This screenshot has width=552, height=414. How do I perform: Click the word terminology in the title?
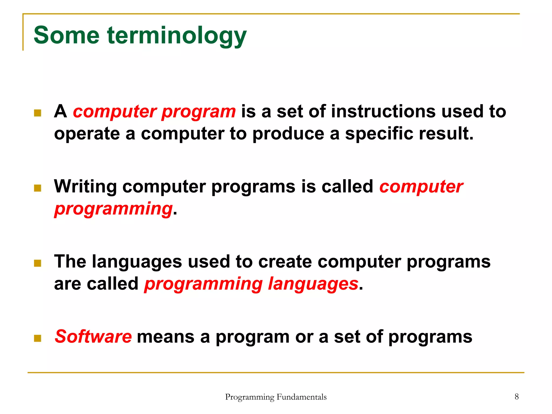[x=177, y=36]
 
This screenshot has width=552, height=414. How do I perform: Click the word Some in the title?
[x=66, y=36]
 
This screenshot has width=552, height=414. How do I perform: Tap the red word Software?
[x=93, y=337]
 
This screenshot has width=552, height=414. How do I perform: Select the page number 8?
[x=516, y=396]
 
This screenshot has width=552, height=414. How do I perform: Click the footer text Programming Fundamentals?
[x=276, y=397]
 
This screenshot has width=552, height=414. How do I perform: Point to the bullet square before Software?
[x=38, y=338]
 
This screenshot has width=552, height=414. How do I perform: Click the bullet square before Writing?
[x=38, y=188]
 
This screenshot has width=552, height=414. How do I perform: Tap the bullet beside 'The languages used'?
[x=38, y=263]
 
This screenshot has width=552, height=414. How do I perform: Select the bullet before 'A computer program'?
[x=38, y=113]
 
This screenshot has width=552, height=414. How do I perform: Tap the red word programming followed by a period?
[x=113, y=209]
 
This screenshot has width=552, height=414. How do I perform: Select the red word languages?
[x=313, y=284]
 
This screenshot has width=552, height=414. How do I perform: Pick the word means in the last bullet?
[x=165, y=337]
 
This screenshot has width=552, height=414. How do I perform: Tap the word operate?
[x=87, y=134]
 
